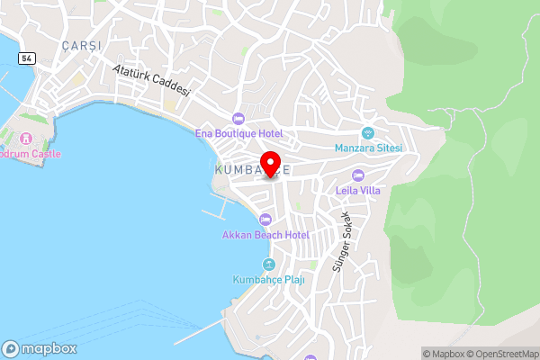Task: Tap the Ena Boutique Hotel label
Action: [x=239, y=133]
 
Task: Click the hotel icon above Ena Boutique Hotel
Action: [x=238, y=118]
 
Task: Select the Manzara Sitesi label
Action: [x=367, y=148]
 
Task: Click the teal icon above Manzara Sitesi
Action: [x=367, y=132]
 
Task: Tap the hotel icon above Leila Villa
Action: [x=358, y=175]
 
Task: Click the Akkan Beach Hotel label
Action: [x=265, y=235]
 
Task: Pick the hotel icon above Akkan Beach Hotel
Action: [x=265, y=220]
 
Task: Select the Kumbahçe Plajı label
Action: [x=268, y=279]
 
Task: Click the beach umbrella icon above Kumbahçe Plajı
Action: [x=268, y=264]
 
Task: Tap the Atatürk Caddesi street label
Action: [x=152, y=79]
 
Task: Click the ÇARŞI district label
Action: [x=82, y=45]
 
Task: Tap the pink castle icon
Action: [x=25, y=139]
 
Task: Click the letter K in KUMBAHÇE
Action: [x=219, y=169]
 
